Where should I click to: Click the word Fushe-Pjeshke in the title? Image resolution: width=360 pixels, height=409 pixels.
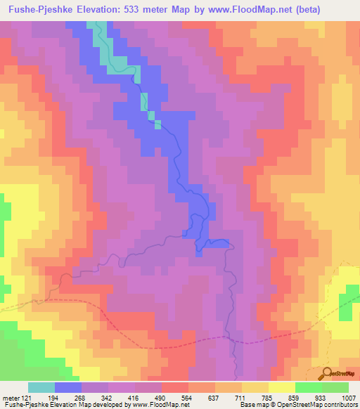(x=40, y=9)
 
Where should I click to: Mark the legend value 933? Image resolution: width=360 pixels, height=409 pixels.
(x=320, y=398)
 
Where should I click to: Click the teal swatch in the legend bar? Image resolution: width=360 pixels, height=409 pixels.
(x=41, y=387)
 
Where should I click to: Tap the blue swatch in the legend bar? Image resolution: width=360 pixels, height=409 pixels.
(x=68, y=387)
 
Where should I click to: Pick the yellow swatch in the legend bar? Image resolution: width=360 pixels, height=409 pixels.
(x=282, y=387)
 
